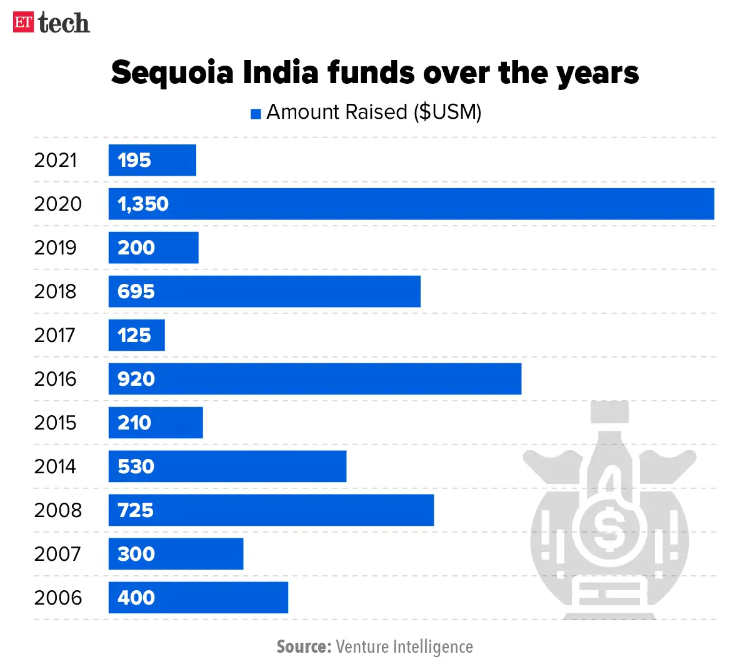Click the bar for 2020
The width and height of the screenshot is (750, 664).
tap(411, 204)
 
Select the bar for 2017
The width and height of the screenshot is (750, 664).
tap(136, 335)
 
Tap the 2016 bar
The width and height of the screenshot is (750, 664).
tap(314, 379)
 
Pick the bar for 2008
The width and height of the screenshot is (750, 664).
tap(271, 510)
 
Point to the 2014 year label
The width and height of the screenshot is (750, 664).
tap(55, 466)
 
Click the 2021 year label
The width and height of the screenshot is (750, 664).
tap(55, 160)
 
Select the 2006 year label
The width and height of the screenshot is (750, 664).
tap(57, 598)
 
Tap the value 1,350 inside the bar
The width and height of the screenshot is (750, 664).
tap(143, 204)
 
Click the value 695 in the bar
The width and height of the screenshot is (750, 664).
tap(136, 291)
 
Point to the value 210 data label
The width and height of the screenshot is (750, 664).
tap(134, 423)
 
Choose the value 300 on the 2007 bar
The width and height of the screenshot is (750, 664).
tap(136, 554)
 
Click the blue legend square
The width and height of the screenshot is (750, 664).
tap(256, 114)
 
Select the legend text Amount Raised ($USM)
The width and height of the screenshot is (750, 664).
tap(374, 113)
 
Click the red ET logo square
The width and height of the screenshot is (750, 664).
tap(23, 23)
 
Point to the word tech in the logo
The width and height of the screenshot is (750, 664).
tap(63, 23)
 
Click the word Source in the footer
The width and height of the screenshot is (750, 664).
tap(303, 646)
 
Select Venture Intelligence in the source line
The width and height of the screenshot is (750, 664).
tap(404, 646)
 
